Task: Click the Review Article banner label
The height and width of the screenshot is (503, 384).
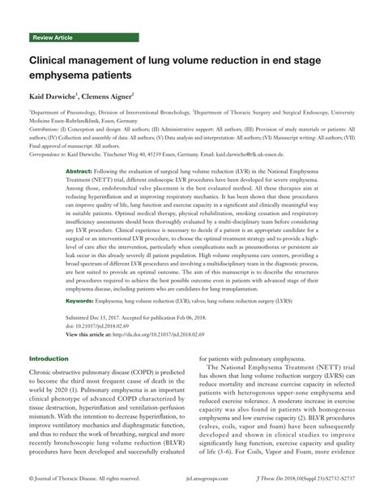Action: pyautogui.click(x=52, y=38)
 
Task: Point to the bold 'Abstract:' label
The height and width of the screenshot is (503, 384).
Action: pyautogui.click(x=78, y=173)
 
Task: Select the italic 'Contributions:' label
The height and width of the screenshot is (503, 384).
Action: pyautogui.click(x=48, y=128)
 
